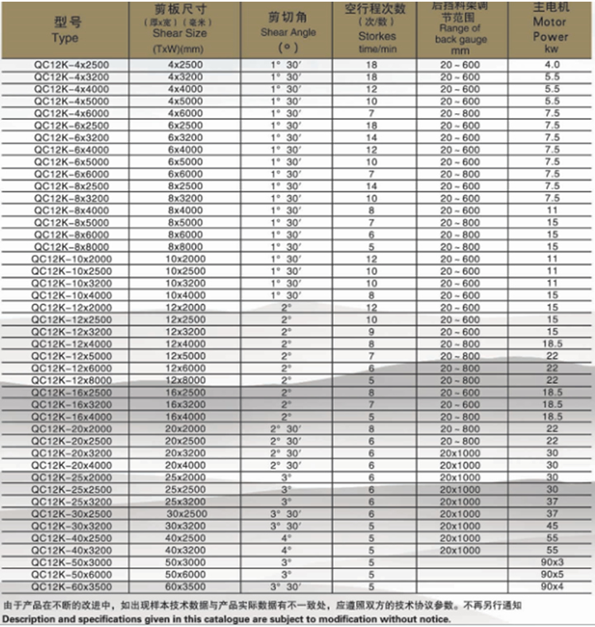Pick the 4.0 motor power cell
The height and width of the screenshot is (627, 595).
[x=551, y=64]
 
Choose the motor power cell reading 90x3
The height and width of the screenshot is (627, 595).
[x=551, y=562]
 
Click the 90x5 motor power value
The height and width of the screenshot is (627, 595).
[x=551, y=573]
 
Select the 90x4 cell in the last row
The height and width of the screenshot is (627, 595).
[x=551, y=586]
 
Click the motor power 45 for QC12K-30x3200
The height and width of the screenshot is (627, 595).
[x=551, y=525]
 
